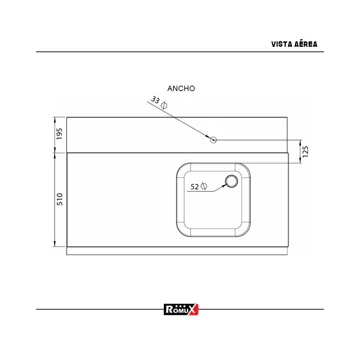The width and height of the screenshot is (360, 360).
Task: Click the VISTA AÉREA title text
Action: pyautogui.click(x=294, y=44)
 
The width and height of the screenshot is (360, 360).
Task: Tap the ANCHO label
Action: pyautogui.click(x=181, y=89)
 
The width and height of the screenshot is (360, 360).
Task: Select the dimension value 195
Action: pyautogui.click(x=60, y=134)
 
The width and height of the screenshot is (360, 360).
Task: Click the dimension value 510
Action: pyautogui.click(x=60, y=199)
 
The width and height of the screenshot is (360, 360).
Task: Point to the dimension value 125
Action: pyautogui.click(x=306, y=152)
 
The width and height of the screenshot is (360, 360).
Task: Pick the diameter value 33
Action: pyautogui.click(x=155, y=100)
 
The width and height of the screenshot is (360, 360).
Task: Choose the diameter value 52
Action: pyautogui.click(x=195, y=186)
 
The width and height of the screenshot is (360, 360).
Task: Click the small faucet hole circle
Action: pyautogui.click(x=213, y=140)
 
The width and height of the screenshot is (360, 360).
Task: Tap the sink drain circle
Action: pyautogui.click(x=231, y=181)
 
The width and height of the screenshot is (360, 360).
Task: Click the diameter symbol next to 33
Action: pyautogui.click(x=164, y=105)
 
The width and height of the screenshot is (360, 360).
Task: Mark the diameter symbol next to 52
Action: pyautogui.click(x=204, y=186)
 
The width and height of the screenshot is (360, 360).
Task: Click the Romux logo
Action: pyautogui.click(x=181, y=309)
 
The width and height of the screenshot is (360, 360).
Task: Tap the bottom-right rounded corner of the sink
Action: pyautogui.click(x=246, y=232)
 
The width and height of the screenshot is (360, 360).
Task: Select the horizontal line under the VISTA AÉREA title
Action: pyautogui.click(x=180, y=52)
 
